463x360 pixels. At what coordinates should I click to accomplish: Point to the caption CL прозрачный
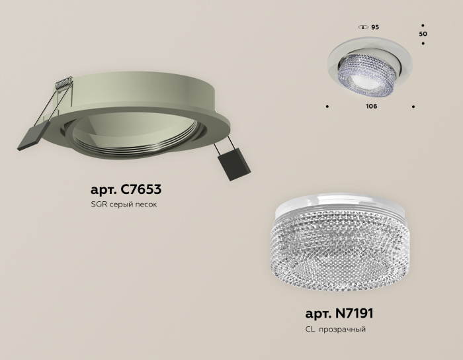coord(335,329)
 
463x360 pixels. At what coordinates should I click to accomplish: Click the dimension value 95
coord(375,27)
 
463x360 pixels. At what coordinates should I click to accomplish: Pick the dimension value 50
coord(423,32)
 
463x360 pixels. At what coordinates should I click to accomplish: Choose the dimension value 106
coord(370,107)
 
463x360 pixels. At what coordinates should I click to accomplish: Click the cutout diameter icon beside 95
coord(362,27)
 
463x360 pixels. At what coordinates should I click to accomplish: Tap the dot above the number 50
coord(423,23)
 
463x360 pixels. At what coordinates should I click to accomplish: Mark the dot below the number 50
coord(423,44)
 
